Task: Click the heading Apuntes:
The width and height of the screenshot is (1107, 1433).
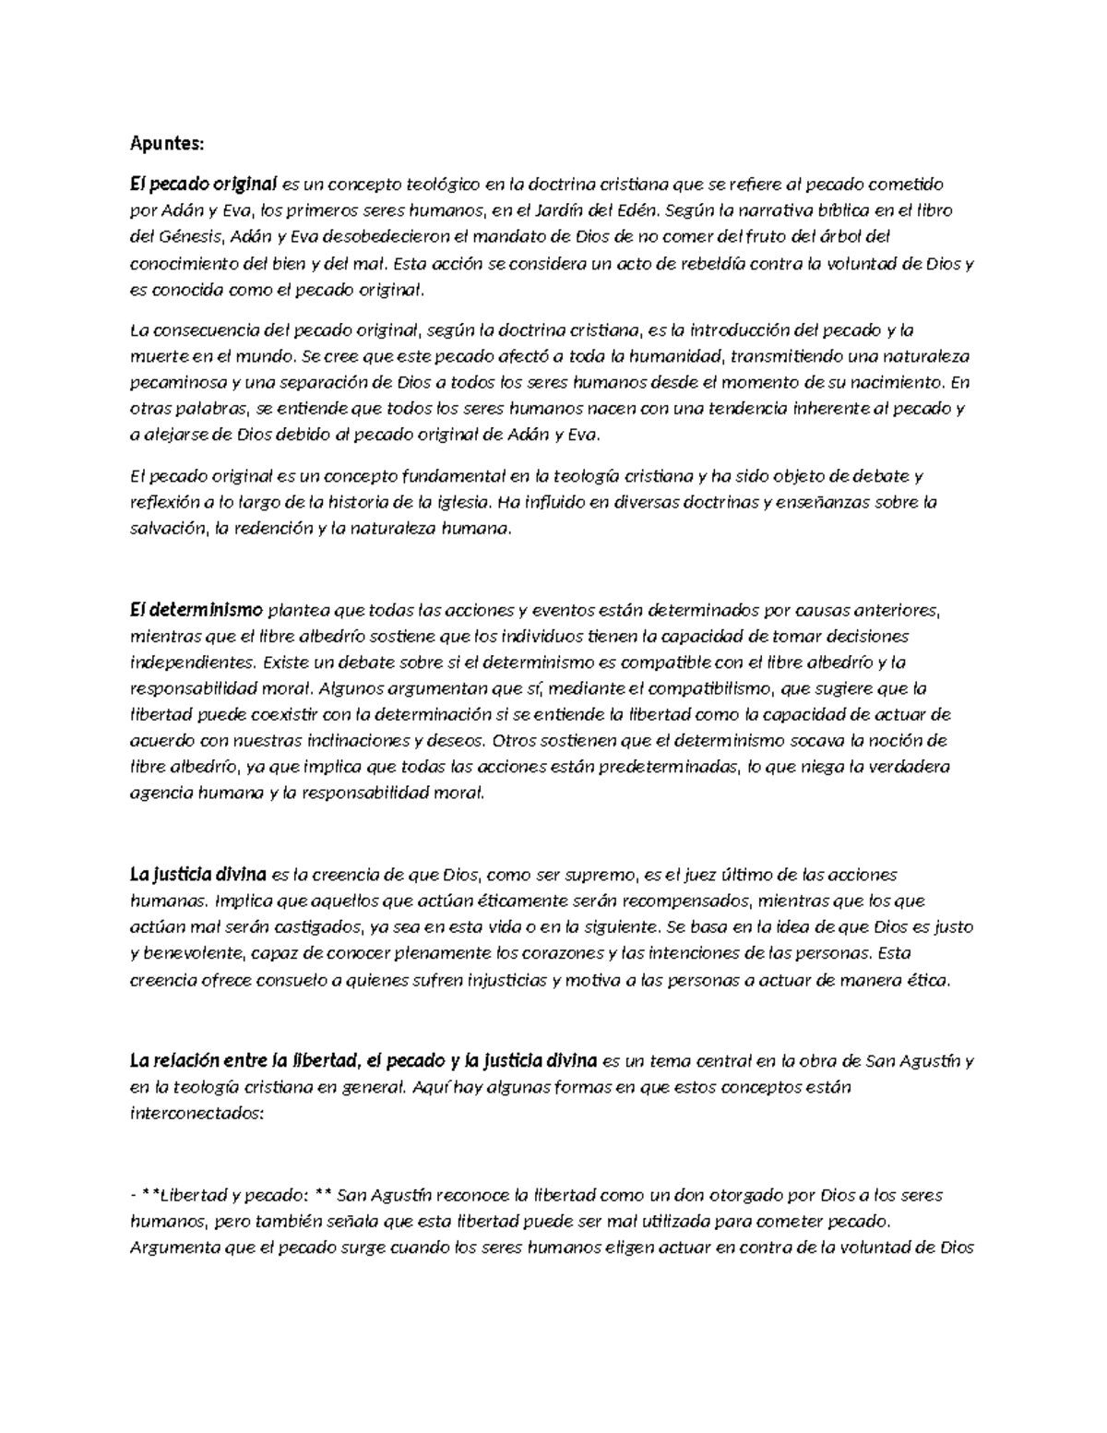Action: click(x=165, y=144)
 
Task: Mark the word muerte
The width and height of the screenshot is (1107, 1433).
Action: click(x=155, y=356)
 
